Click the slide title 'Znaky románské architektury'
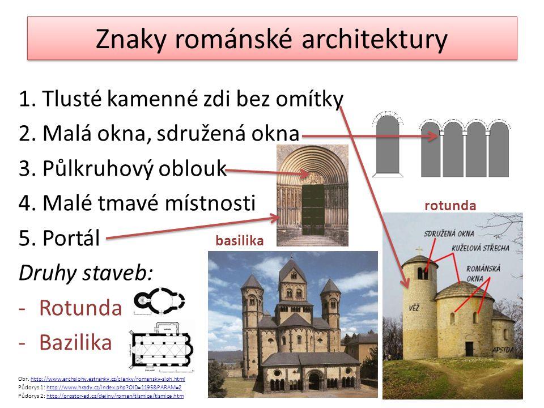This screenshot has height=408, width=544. click(272, 39)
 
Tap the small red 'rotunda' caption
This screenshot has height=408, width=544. click(450, 206)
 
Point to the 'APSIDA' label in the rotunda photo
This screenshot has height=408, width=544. click(506, 349)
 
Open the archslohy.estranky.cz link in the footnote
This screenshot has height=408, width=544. click(108, 377)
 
